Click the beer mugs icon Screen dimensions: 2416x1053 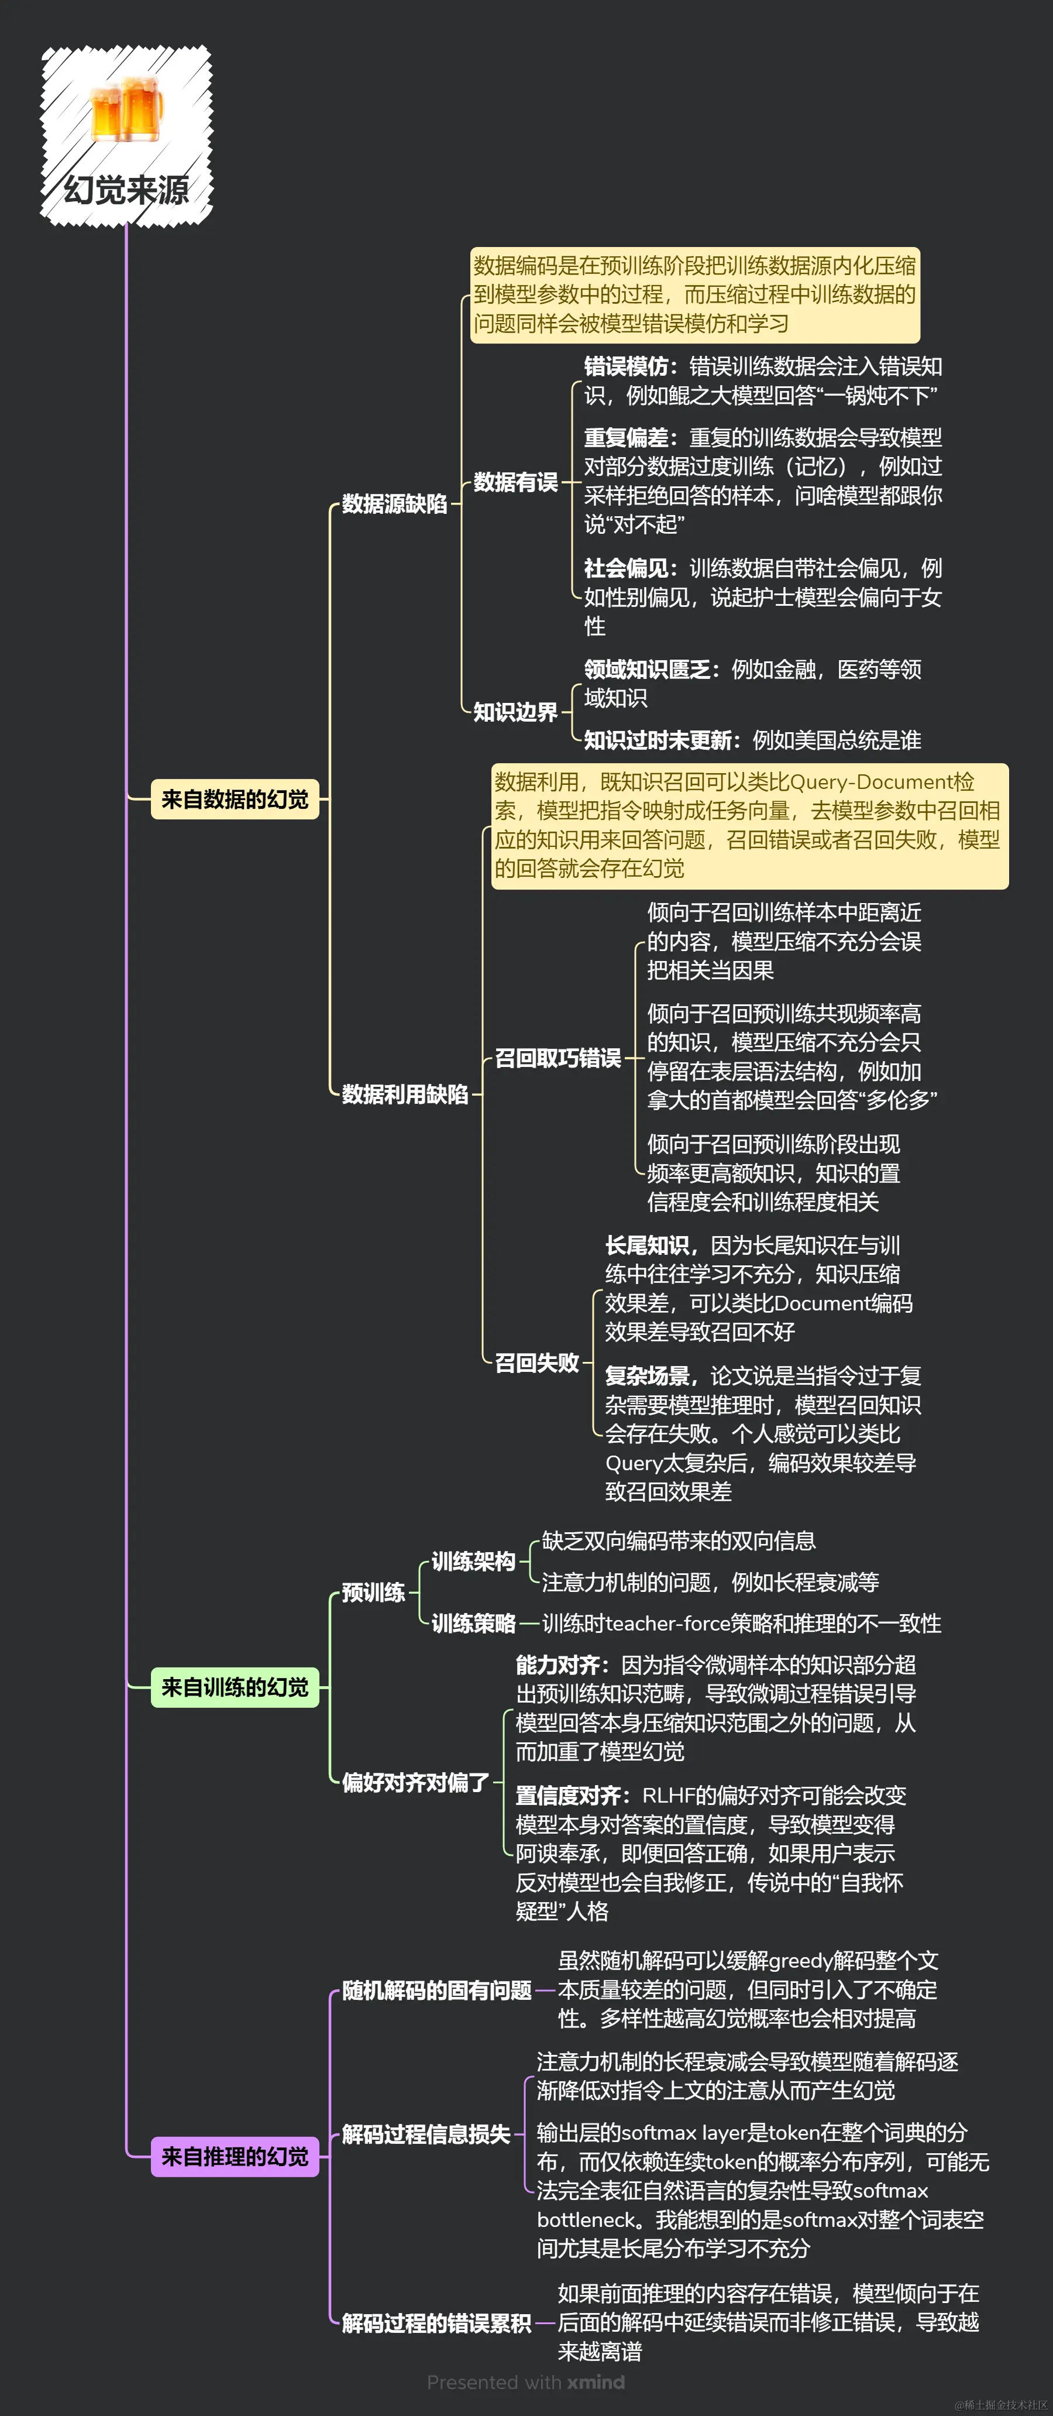point(126,109)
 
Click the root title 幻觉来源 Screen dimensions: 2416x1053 point(126,190)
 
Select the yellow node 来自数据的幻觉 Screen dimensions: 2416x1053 point(235,799)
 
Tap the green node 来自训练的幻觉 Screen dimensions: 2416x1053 point(235,1687)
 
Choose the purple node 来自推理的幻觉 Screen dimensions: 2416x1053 point(235,2156)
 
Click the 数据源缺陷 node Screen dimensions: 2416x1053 point(394,504)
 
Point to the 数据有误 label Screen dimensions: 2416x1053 point(515,482)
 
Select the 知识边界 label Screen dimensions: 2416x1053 point(515,712)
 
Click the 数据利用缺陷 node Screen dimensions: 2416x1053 point(404,1093)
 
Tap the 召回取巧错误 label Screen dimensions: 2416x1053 point(557,1058)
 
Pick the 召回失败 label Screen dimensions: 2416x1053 point(536,1362)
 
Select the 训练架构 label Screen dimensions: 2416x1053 point(473,1561)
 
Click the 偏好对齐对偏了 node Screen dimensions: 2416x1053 point(414,1782)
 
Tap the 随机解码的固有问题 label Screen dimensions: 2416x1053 point(436,1990)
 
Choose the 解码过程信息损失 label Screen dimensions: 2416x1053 point(426,2134)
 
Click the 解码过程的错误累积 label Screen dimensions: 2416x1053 point(436,2322)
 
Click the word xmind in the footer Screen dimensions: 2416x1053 point(596,2381)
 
